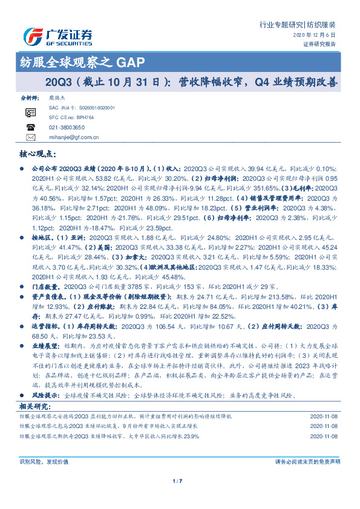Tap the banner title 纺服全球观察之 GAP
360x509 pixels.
[x=82, y=62]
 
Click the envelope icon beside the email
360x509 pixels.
[x=31, y=138]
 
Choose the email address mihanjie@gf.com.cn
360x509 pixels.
[x=74, y=138]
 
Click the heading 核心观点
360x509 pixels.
[x=38, y=155]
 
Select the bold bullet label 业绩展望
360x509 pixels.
[x=46, y=343]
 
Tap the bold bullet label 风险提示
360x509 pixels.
[x=46, y=395]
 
